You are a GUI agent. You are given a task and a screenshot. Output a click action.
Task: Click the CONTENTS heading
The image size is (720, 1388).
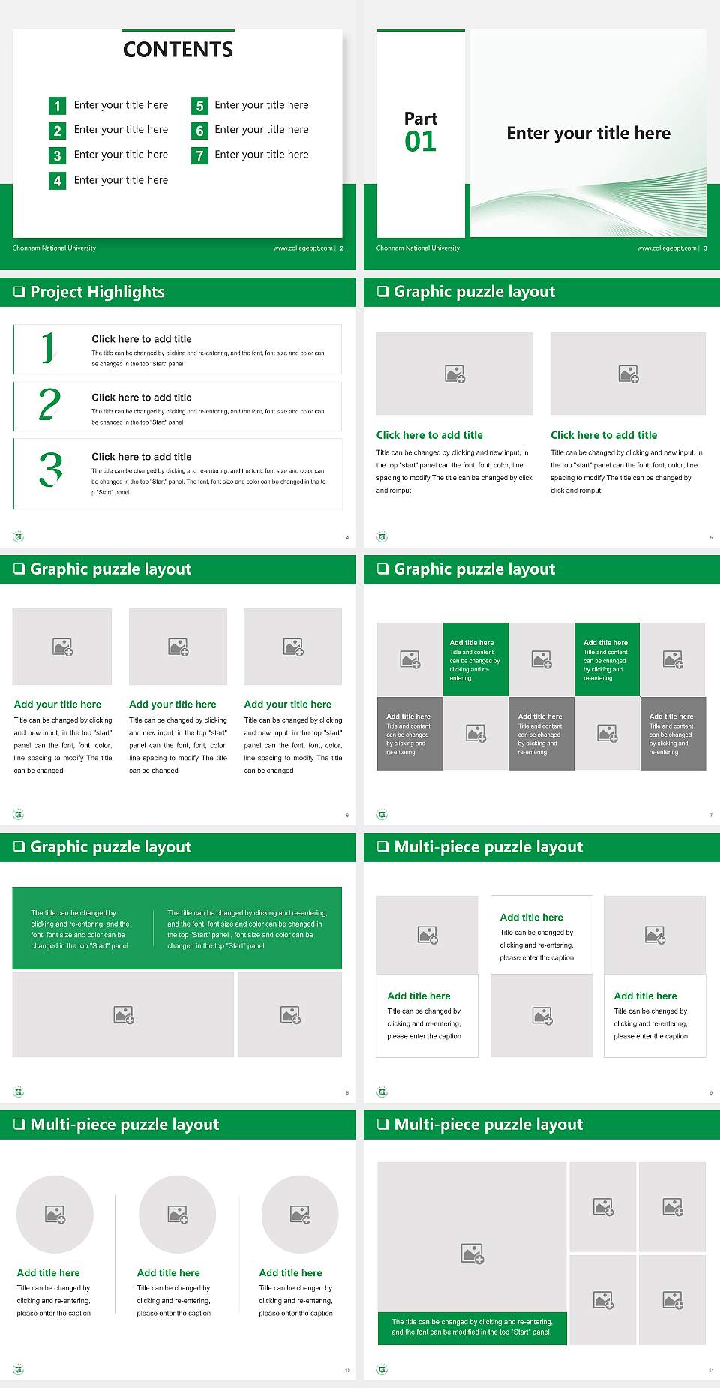pyautogui.click(x=178, y=50)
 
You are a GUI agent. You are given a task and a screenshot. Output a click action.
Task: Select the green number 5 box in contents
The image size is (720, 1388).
pyautogui.click(x=199, y=106)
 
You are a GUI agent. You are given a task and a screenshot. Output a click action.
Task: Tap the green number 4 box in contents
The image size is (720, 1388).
pyautogui.click(x=57, y=181)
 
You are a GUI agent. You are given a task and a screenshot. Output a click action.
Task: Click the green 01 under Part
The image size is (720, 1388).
pyautogui.click(x=420, y=141)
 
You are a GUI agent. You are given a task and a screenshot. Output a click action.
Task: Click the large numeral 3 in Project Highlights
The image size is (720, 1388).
pyautogui.click(x=50, y=470)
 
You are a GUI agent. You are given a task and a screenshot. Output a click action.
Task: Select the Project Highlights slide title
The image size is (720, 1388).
pyautogui.click(x=97, y=292)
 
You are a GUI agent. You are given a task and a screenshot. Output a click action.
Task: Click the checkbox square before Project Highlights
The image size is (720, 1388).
pyautogui.click(x=19, y=292)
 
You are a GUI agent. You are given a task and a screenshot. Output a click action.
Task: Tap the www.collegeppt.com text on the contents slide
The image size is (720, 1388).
pyautogui.click(x=303, y=248)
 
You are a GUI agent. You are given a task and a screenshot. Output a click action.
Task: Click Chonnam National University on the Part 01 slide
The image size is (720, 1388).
pyautogui.click(x=418, y=248)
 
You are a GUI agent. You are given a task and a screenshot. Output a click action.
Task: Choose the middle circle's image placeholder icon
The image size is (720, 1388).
pyautogui.click(x=178, y=1214)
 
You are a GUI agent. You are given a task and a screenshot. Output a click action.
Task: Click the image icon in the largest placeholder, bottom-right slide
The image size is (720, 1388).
pyautogui.click(x=472, y=1253)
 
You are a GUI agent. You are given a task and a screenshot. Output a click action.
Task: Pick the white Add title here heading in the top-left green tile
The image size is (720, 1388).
pyautogui.click(x=472, y=643)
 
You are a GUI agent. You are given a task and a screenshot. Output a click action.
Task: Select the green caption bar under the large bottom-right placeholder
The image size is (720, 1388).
pyautogui.click(x=472, y=1327)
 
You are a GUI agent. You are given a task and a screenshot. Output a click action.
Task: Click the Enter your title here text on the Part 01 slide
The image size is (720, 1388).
pyautogui.click(x=588, y=134)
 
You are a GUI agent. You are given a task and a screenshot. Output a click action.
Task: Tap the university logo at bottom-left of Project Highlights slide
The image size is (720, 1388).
pyautogui.click(x=19, y=537)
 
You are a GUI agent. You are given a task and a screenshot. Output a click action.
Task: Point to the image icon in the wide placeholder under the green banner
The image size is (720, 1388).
pyautogui.click(x=124, y=1015)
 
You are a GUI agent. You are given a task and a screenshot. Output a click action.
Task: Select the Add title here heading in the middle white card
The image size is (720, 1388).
pyautogui.click(x=531, y=918)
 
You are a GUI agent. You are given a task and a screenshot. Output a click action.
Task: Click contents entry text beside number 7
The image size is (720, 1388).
pyautogui.click(x=261, y=155)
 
